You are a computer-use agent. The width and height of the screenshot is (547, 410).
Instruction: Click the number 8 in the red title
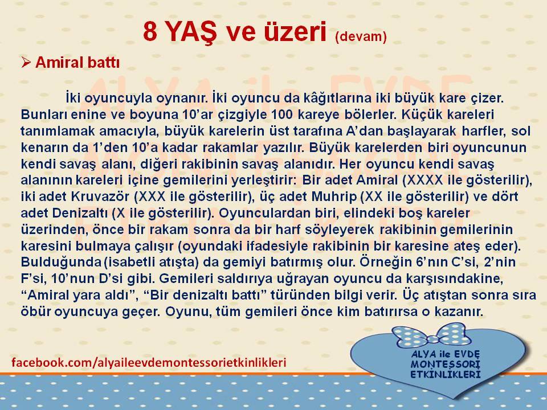[150, 31]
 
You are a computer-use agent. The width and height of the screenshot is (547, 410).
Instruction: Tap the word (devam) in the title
[361, 36]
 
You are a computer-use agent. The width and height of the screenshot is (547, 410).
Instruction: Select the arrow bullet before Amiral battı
[26, 63]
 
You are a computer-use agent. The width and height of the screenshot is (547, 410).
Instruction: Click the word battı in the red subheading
[103, 63]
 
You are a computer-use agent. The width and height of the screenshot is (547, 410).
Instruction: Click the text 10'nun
[70, 278]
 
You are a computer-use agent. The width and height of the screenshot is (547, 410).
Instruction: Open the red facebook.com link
[149, 363]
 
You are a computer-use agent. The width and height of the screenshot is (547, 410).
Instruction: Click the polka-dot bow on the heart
[431, 335]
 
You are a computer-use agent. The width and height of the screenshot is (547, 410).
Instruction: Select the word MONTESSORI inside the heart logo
[446, 364]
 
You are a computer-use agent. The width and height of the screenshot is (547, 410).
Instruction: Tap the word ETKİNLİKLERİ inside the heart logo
[446, 375]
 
